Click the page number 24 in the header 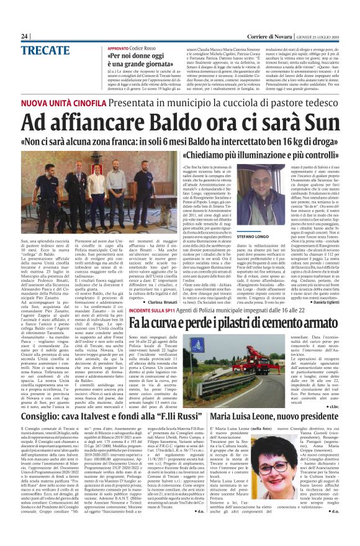point(24,36)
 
